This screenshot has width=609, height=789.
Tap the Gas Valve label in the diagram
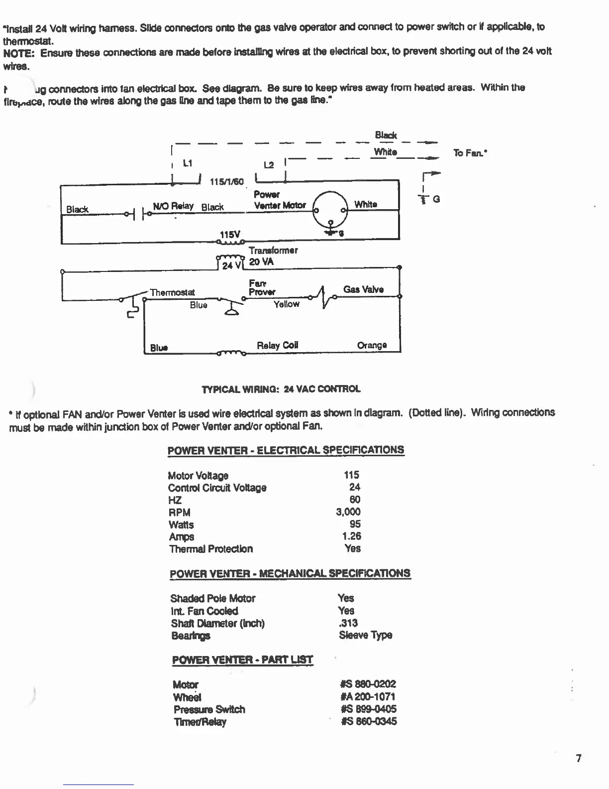[363, 289]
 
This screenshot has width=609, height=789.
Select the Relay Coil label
[277, 345]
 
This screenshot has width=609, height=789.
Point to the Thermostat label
[172, 292]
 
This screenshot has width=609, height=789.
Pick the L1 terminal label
[187, 163]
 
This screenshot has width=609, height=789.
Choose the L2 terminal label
[269, 165]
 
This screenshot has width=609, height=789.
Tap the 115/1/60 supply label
[227, 182]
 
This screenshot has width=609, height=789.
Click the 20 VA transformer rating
[261, 262]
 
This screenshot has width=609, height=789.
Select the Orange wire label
[372, 345]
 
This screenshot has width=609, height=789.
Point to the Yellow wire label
[286, 304]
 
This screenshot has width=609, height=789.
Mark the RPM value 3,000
[348, 512]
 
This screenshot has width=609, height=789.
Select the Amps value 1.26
[351, 536]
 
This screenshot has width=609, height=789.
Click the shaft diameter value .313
[348, 623]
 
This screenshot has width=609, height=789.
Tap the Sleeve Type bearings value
[365, 635]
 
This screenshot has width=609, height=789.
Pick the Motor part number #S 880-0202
[369, 684]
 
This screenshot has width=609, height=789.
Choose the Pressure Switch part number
[369, 709]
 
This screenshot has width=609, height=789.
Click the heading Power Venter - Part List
[242, 660]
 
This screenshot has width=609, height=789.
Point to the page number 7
[578, 758]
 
